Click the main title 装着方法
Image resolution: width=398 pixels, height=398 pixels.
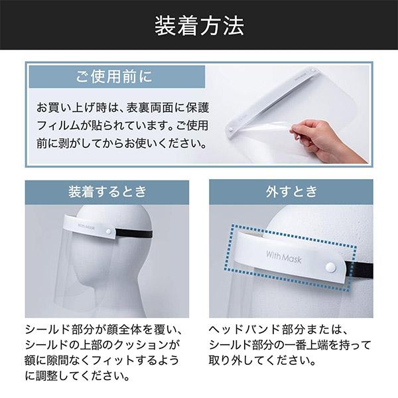coord(199,26)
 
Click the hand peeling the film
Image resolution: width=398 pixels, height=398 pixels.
coord(332,139)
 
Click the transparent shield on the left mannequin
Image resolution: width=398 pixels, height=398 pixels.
coord(83,265)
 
